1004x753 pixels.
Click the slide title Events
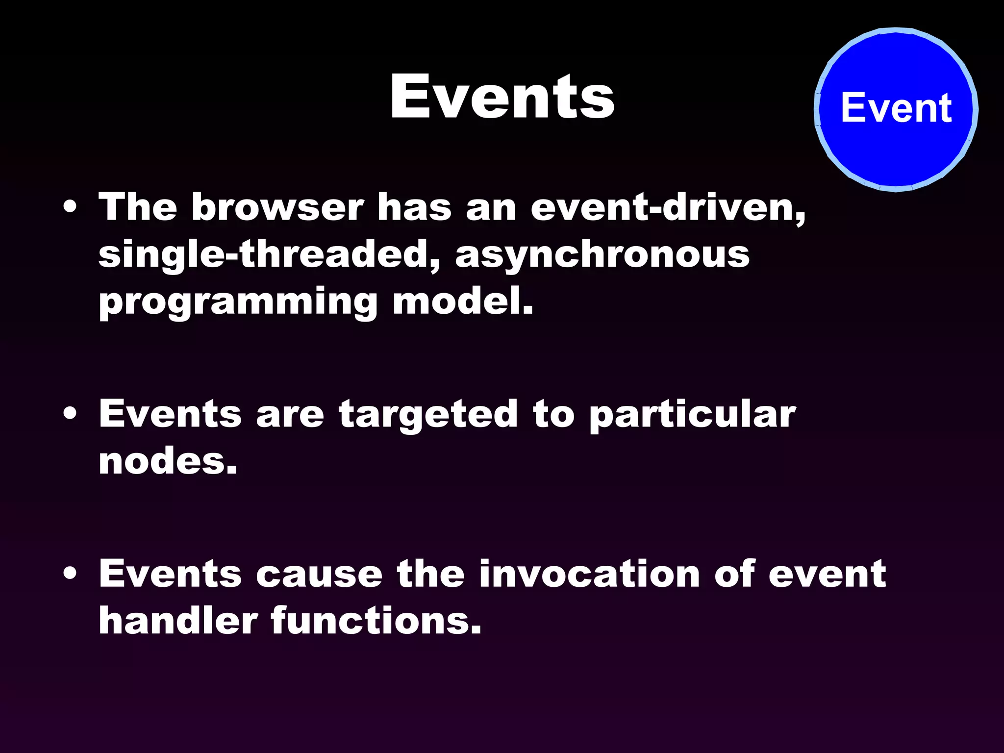pos(502,97)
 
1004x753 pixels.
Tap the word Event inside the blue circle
pos(896,108)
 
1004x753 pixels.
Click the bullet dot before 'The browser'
pos(70,207)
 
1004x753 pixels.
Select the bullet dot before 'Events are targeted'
pos(70,414)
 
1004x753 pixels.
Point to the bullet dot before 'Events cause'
pos(70,574)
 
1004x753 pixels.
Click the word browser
pos(277,207)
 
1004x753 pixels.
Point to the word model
pos(462,301)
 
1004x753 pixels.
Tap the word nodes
pos(168,462)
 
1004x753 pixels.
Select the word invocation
pos(589,574)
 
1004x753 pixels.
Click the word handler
pos(178,621)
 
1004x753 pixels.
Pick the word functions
pos(376,621)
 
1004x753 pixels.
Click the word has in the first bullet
pos(414,207)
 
